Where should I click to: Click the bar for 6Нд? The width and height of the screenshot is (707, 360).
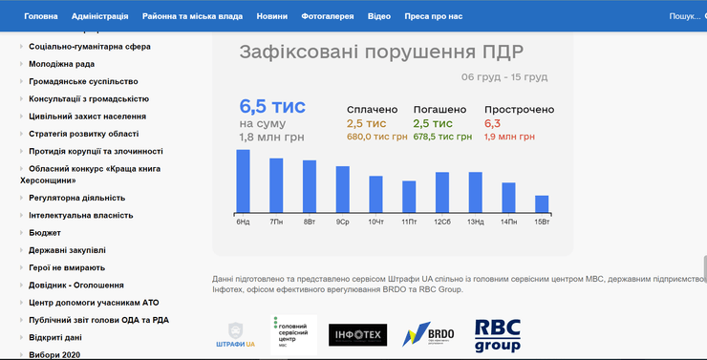click(243, 181)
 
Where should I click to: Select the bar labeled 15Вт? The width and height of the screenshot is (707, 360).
click(542, 204)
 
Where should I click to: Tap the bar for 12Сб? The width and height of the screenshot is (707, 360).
click(442, 193)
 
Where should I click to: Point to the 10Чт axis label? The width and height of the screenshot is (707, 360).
click(375, 222)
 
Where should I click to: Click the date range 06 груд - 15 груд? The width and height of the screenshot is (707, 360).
click(504, 76)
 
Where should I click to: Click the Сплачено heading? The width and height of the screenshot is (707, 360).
click(372, 110)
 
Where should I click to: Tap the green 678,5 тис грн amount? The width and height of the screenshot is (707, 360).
click(442, 137)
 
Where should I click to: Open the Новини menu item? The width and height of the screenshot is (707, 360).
click(271, 17)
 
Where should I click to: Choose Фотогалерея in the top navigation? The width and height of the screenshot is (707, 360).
click(327, 17)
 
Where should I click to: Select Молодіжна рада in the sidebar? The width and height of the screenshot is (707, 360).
click(61, 63)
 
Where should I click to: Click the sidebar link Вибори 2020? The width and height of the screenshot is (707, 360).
click(55, 354)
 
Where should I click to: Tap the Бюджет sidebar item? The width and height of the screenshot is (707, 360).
click(45, 232)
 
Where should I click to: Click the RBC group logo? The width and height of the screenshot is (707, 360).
click(498, 333)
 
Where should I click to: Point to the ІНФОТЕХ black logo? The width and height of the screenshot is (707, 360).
click(357, 334)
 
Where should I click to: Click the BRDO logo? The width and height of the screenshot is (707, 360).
click(428, 334)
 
